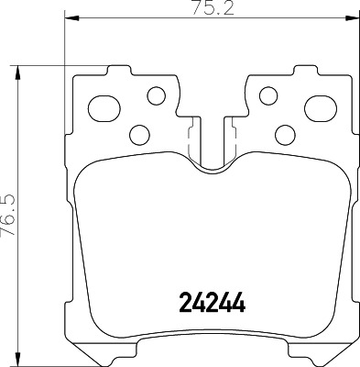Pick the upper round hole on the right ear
click(x=267, y=95)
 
